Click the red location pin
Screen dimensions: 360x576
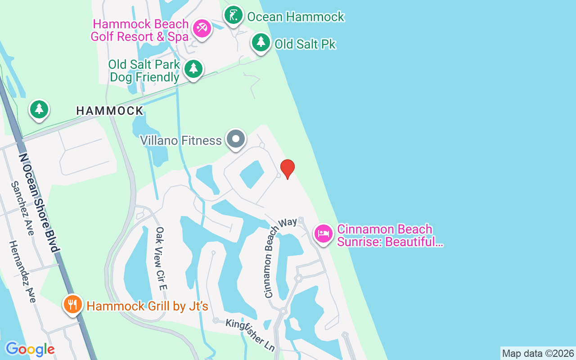coord(287,169)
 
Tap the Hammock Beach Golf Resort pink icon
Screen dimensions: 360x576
coord(202,29)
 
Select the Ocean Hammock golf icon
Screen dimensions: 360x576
coord(234,16)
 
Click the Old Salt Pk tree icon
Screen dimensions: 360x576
coord(261,43)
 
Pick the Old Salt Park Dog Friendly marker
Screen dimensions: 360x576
coord(193,69)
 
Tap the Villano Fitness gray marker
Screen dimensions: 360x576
coord(236,139)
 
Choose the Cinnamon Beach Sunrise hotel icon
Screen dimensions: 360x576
coord(324,234)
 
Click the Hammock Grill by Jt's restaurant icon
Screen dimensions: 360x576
coord(72,305)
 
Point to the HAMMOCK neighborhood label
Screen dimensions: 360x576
coord(110,111)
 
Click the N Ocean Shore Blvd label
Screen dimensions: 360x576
coord(39,202)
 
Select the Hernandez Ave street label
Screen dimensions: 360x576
coord(22,271)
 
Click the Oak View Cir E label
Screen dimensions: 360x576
coord(161,258)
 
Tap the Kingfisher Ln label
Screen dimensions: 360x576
coord(250,335)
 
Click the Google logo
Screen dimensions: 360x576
coord(30,349)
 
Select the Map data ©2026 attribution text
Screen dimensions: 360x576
coord(538,353)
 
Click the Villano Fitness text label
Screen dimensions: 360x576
coord(181,140)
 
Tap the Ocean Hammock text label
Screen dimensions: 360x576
coord(296,17)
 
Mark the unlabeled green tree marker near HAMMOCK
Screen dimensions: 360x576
coord(39,109)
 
